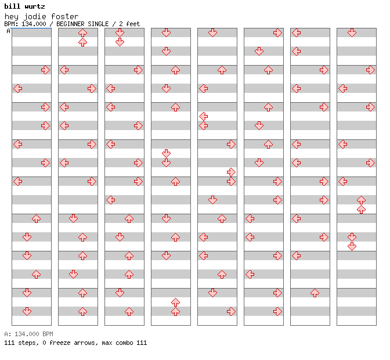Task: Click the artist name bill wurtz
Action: [x=24, y=6]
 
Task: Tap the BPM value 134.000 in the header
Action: [x=34, y=24]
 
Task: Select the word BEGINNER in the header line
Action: [x=70, y=24]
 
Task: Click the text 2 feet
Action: [x=129, y=24]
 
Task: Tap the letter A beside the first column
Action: [x=9, y=31]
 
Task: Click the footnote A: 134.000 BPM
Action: [x=28, y=334]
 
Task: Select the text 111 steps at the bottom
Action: [x=21, y=343]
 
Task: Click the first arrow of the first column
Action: [x=45, y=70]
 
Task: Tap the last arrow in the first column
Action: [x=27, y=311]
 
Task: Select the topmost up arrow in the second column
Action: [x=82, y=33]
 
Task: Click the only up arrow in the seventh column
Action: [x=315, y=293]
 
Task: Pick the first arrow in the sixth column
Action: [x=277, y=33]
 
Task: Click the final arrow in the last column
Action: [x=352, y=246]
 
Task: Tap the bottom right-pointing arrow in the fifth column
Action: [x=231, y=311]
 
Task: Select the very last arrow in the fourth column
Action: [x=176, y=311]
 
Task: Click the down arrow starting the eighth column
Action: [x=352, y=33]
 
